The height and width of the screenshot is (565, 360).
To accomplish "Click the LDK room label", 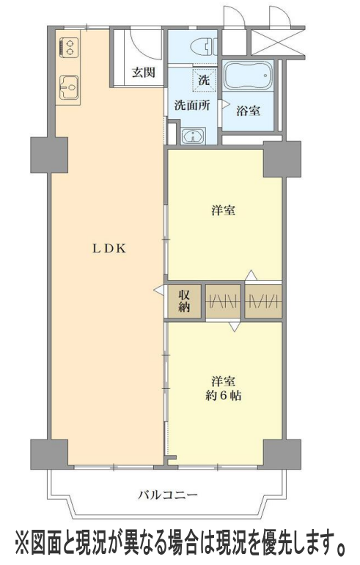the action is (x=109, y=249).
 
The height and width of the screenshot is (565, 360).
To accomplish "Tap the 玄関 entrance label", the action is (x=143, y=72).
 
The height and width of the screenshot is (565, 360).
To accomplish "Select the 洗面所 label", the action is (x=192, y=105).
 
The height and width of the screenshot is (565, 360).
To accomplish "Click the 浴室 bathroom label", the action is (x=249, y=111).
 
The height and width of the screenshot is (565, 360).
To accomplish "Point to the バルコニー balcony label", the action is (x=168, y=495).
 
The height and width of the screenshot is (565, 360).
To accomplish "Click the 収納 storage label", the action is (x=184, y=301).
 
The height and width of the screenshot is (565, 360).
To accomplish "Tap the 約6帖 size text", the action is (x=224, y=396).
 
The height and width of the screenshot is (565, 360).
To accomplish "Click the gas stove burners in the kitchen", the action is (x=68, y=48).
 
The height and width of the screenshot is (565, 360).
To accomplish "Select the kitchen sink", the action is (x=69, y=87).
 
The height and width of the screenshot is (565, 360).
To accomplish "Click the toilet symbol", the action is (x=203, y=47).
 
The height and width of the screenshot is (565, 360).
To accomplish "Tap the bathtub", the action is (x=248, y=76).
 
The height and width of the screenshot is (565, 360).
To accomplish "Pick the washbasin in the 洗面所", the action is (x=194, y=136).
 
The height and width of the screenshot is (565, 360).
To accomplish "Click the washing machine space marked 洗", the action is (x=204, y=79).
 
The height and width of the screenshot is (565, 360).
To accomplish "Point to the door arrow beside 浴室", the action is (x=225, y=104).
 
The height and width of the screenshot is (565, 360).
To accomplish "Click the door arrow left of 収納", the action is (x=159, y=289).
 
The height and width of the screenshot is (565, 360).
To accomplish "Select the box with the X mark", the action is (x=278, y=43).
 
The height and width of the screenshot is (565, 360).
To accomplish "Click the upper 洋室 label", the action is (x=224, y=210).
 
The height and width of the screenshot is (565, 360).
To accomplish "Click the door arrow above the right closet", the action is (x=251, y=275).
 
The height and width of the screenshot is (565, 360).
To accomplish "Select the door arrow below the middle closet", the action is (x=235, y=327).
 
